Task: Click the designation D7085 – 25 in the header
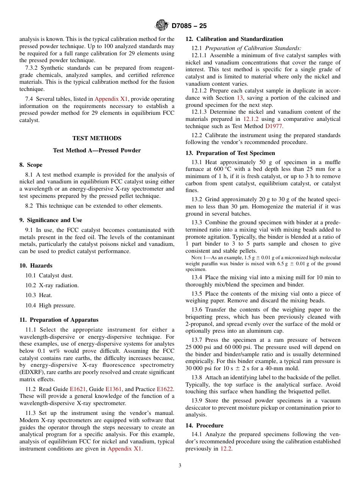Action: [189, 26]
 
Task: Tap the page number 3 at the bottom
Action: [180, 465]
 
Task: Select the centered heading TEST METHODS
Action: [97, 138]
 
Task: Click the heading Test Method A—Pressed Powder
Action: [97, 150]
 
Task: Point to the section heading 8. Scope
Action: [31, 165]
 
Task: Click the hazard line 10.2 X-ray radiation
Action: [52, 285]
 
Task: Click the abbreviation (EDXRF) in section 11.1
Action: [33, 372]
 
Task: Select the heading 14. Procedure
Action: [204, 426]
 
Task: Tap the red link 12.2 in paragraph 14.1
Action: [226, 449]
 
